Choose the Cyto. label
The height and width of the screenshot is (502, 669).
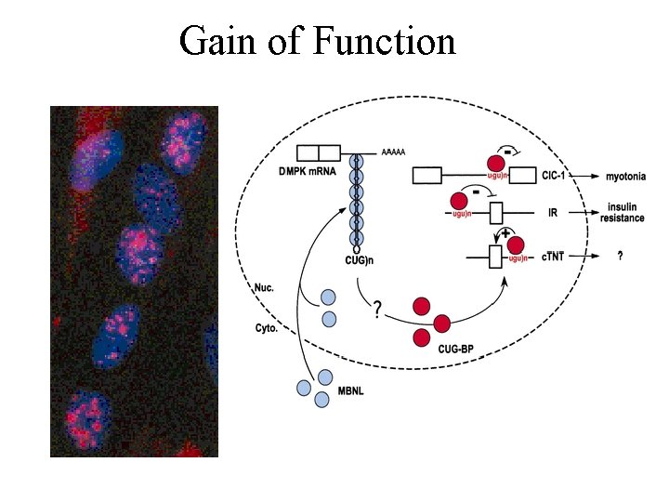(x=267, y=327)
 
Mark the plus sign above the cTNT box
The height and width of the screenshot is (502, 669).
(x=505, y=233)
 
